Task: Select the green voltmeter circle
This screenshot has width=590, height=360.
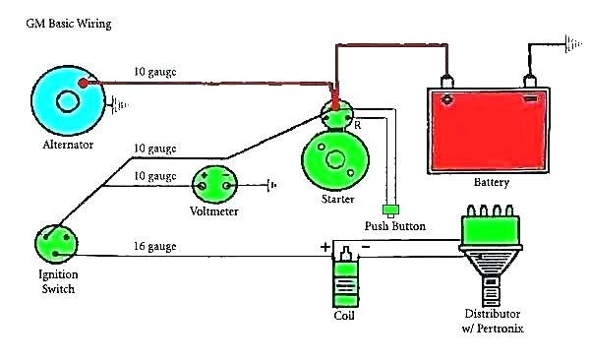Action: click(x=214, y=184)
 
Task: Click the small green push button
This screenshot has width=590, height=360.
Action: click(x=392, y=209)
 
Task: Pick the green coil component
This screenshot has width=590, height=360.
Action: click(x=344, y=280)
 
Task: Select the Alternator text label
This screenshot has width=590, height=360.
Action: click(x=68, y=144)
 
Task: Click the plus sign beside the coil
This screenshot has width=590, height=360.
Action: click(x=325, y=248)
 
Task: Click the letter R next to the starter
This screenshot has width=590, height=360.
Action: click(x=357, y=125)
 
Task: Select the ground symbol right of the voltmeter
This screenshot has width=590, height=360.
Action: click(x=270, y=183)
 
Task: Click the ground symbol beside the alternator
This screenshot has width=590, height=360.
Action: click(x=121, y=101)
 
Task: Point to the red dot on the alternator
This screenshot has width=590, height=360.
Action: click(x=83, y=84)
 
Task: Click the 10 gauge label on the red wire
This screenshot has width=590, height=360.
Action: click(x=154, y=72)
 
